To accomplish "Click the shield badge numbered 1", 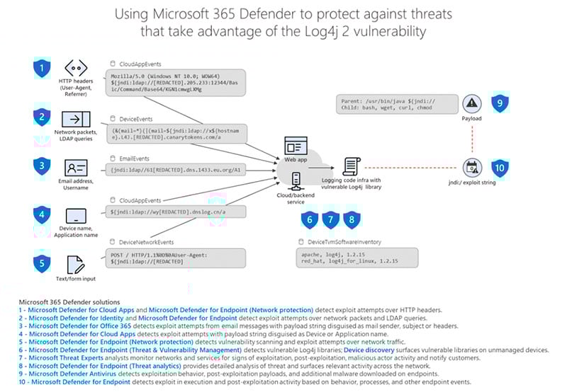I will click(43, 69).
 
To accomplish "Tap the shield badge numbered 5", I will click(43, 263).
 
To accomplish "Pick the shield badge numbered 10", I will click(500, 168).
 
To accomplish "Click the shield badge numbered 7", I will click(330, 220).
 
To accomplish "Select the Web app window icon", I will click(293, 147).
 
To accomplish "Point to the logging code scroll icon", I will click(349, 166).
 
